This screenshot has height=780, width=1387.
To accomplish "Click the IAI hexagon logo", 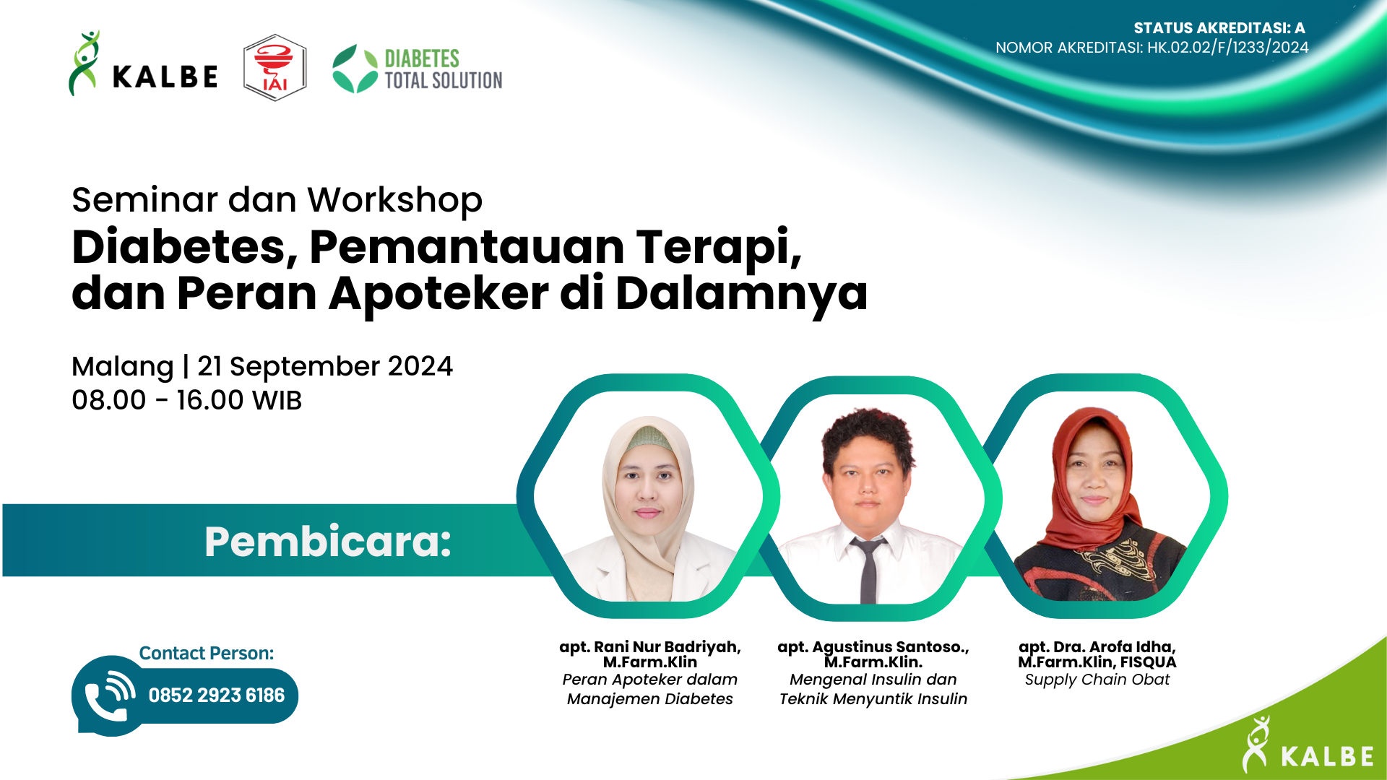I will click(x=275, y=68).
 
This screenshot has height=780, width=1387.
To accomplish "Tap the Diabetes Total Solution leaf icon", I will click(x=355, y=69).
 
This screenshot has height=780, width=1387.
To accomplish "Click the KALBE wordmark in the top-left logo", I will click(x=165, y=77).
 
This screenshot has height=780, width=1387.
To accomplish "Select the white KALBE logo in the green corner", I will click(x=1308, y=747).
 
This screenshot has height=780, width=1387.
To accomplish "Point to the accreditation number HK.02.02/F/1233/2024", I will click(x=1227, y=48).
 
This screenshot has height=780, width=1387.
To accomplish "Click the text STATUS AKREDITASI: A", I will click(x=1219, y=28).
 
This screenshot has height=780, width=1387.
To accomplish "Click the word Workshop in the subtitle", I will click(x=394, y=200).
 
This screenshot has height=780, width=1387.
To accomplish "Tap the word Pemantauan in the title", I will click(x=467, y=247).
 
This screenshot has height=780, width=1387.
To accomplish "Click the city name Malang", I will click(x=122, y=366).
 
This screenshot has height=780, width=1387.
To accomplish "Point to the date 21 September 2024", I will click(x=325, y=366).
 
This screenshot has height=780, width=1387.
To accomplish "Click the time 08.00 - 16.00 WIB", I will click(x=186, y=400).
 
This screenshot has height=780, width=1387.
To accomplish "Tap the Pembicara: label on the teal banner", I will click(x=327, y=542).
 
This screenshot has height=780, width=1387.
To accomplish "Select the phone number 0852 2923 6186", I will click(x=216, y=695).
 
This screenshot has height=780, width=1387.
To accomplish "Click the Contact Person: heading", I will click(x=206, y=653).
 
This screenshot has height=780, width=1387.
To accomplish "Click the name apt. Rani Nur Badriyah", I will click(x=649, y=647).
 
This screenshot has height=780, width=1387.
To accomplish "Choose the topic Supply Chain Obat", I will click(x=1097, y=680).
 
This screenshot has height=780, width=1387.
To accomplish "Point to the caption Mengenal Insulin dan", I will click(x=873, y=680).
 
